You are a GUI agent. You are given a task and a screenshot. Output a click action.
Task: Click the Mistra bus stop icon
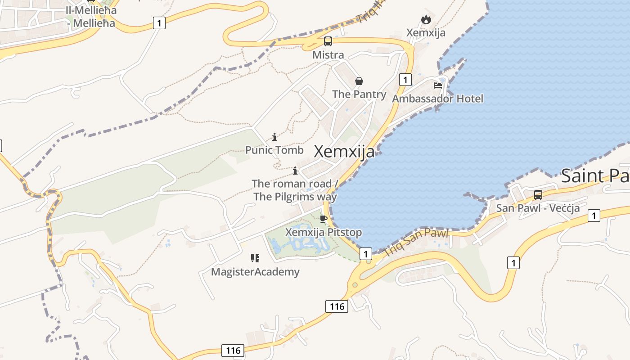point(328,41)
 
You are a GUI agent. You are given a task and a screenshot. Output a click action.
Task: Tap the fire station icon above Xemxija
point(426,19)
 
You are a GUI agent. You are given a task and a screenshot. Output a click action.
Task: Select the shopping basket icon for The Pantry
point(359,81)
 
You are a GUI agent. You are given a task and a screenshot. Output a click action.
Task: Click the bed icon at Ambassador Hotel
point(437,85)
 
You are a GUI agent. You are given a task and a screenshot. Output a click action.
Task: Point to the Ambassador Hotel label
point(437,99)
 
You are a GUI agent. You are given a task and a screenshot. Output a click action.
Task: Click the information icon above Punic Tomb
point(274,137)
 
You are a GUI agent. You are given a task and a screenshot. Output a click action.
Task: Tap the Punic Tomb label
point(274,150)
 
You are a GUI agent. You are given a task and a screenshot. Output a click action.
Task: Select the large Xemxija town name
point(344,152)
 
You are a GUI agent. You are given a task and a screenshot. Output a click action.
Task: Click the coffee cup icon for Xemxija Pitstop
point(323,219)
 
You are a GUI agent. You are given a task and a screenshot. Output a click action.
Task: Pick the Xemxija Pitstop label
point(324,233)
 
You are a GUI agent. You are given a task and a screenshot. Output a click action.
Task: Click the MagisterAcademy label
point(255,272)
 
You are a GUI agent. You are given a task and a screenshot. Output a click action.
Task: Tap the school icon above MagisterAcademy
point(255,258)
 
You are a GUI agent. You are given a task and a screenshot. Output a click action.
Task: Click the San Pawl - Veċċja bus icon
point(538,195)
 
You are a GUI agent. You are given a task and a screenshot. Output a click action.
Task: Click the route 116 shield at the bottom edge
point(233,351)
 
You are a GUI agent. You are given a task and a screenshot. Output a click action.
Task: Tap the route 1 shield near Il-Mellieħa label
point(159,22)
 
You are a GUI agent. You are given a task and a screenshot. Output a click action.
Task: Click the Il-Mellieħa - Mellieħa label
point(91,16)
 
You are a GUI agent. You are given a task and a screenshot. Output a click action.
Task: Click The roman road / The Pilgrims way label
point(295,190)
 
